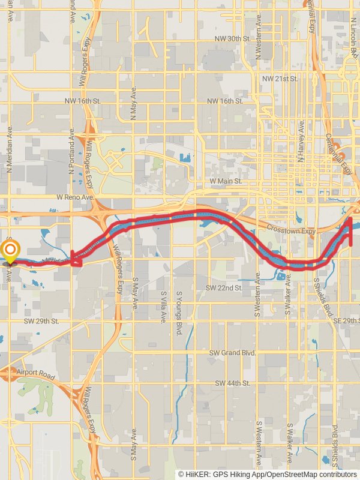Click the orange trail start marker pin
coord(10,251)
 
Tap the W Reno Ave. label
coord(76,197)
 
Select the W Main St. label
coord(226,181)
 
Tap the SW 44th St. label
coord(233,383)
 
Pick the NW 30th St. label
coord(232,38)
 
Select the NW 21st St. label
coord(280,79)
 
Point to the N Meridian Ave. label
coord(10,150)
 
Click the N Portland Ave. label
coord(73,154)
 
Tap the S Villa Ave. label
coord(163,306)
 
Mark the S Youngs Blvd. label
coord(179,313)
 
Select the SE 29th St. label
coord(346,322)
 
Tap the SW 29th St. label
coord(41,322)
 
